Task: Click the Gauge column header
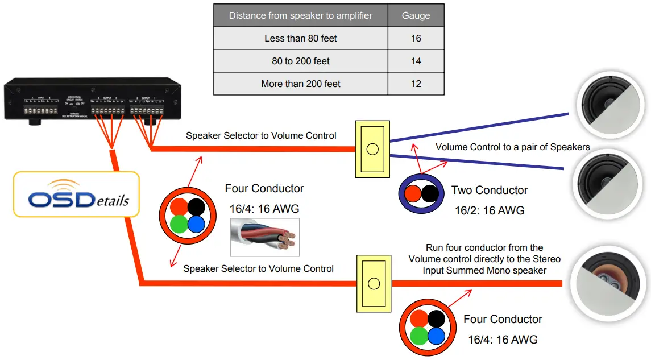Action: (416, 15)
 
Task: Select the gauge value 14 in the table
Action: (416, 61)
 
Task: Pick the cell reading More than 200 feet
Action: (301, 84)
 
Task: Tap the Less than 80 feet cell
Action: (301, 38)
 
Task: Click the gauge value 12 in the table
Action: (416, 84)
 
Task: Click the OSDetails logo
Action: (76, 195)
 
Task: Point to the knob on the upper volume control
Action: (372, 149)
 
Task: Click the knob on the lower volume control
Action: (374, 283)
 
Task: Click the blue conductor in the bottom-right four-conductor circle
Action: (436, 336)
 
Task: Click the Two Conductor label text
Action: (490, 190)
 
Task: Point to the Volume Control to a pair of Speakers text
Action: (512, 147)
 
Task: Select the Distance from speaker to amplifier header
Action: (301, 15)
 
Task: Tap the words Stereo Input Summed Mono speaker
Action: (484, 270)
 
